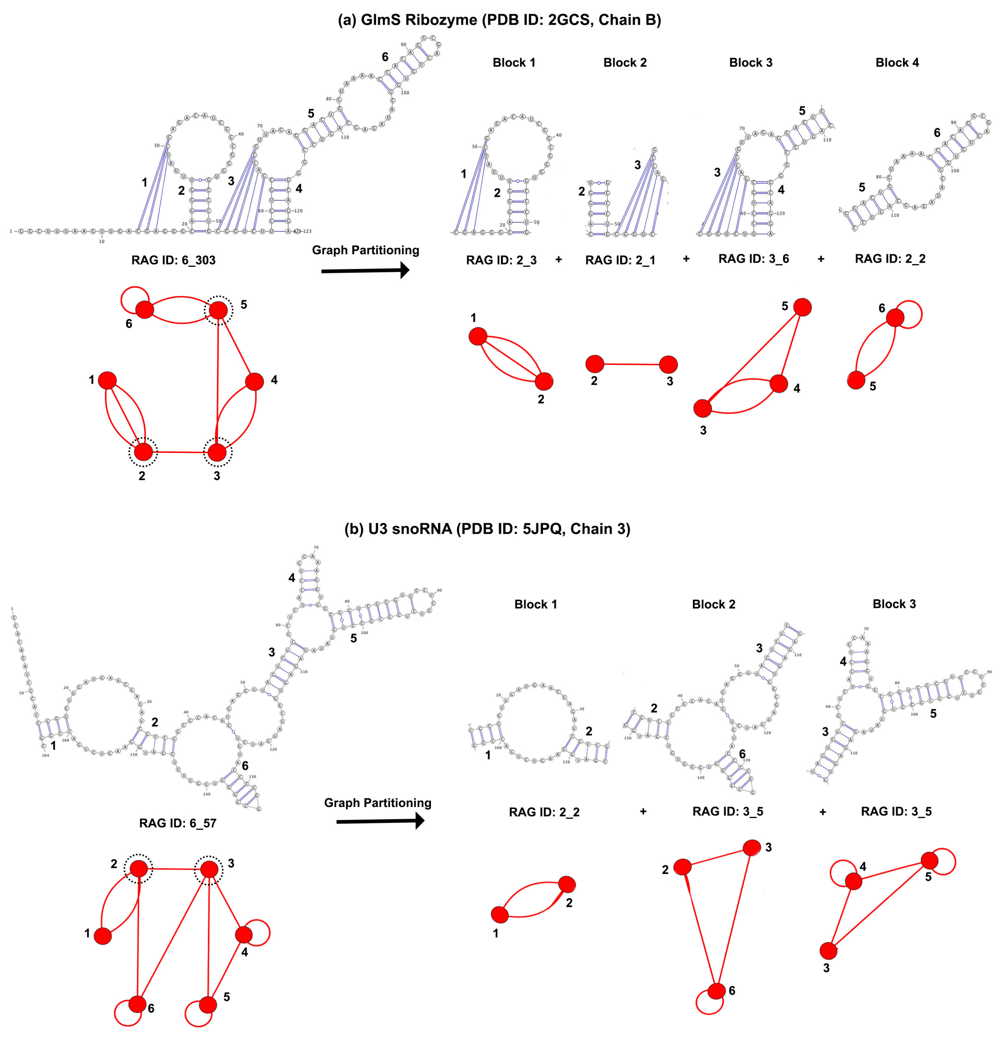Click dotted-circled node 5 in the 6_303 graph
(x=218, y=310)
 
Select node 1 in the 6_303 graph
(x=108, y=380)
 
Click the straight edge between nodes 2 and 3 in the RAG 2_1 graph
(x=631, y=364)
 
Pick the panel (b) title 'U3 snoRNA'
(x=487, y=529)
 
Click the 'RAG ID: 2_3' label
(x=501, y=260)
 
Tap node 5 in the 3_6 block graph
(x=802, y=307)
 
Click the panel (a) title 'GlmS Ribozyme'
(x=499, y=20)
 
